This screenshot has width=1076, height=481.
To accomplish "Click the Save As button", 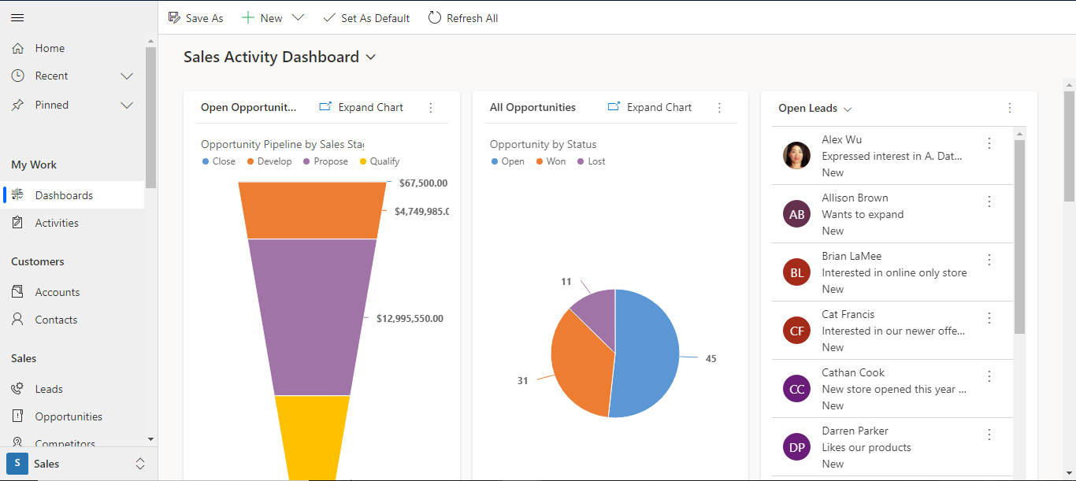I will (196, 18).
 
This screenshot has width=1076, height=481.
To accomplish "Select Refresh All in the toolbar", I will (463, 18).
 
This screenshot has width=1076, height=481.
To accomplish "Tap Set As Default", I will (366, 18).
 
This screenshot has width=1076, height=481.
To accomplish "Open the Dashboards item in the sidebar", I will (64, 195).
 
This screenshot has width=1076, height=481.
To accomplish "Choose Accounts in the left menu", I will (57, 292).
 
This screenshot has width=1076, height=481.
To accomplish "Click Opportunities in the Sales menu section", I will (69, 416).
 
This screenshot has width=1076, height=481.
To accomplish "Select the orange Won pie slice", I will (581, 362).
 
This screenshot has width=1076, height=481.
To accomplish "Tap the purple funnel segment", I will (312, 315).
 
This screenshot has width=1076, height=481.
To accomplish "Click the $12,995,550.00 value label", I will (410, 319).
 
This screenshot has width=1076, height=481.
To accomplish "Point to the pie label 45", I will (711, 359).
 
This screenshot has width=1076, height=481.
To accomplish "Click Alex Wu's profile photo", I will (796, 156).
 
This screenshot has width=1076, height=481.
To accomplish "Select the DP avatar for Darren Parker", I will (796, 447).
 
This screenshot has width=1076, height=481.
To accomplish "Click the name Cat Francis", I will (848, 314).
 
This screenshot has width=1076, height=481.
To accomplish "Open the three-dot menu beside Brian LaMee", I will (989, 260).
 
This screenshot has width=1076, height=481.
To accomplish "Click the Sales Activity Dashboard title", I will (271, 57).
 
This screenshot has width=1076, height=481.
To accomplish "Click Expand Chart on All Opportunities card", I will (650, 107).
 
